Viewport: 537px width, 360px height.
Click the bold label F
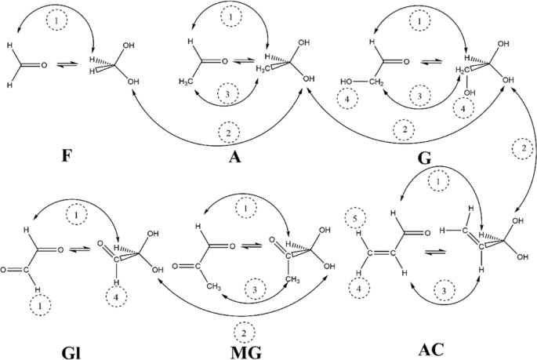pos(67,155)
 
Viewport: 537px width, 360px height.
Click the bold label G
pos(425,156)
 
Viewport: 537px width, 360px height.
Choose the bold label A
pos(234,155)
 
